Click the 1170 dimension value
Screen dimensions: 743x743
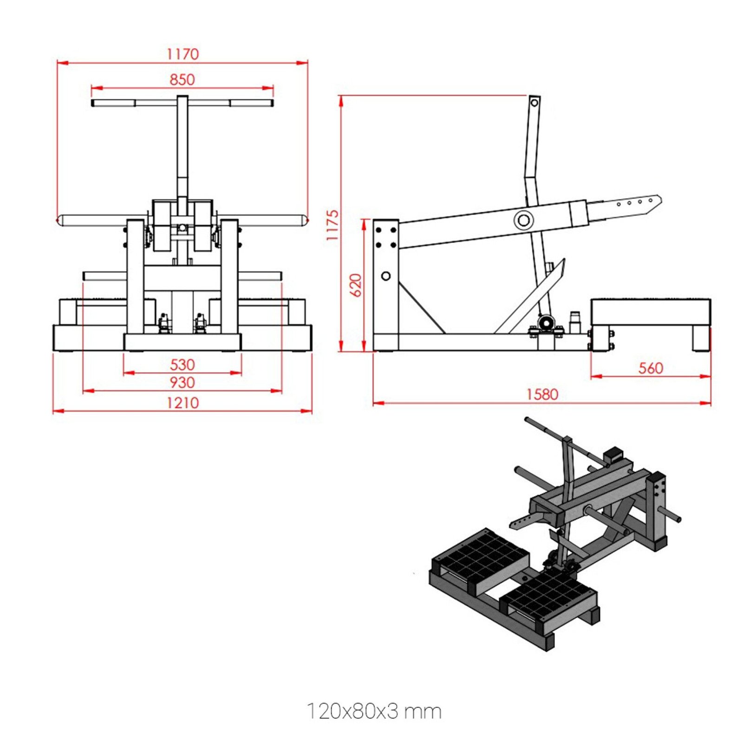coord(182,54)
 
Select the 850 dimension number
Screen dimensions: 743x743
coord(182,79)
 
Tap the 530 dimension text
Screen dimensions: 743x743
coord(182,365)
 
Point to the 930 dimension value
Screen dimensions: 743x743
coord(182,383)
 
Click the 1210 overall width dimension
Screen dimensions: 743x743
coord(182,403)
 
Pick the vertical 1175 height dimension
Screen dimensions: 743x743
coord(332,225)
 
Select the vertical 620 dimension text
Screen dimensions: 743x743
coord(355,285)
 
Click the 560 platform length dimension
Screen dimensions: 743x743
coord(650,368)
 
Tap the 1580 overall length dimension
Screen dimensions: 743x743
coord(541,394)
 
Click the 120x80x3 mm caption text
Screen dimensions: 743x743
coord(374,711)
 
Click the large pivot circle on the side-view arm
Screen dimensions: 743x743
coord(523,220)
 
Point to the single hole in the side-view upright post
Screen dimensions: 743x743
coord(385,276)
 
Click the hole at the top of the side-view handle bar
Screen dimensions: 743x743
coord(534,103)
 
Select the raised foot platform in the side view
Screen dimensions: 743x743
coord(650,312)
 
